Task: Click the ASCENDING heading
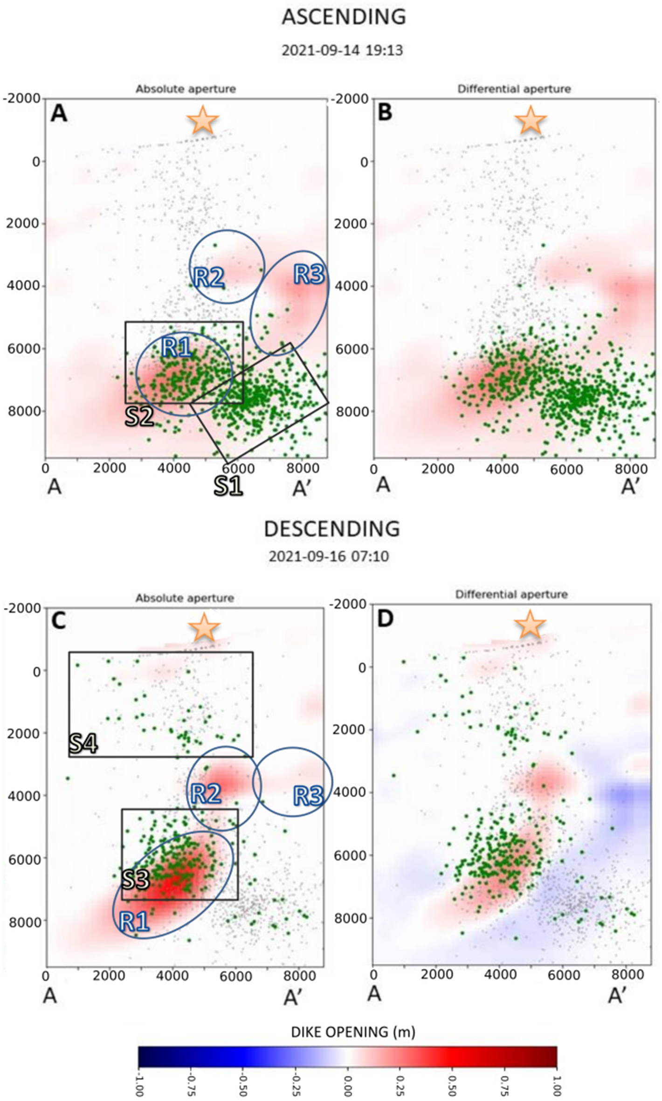pyautogui.click(x=344, y=17)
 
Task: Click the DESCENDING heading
pyautogui.click(x=332, y=529)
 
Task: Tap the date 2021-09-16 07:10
pyautogui.click(x=329, y=556)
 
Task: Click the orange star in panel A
pyautogui.click(x=203, y=120)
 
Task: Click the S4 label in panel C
pyautogui.click(x=84, y=743)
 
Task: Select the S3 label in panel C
pyautogui.click(x=136, y=879)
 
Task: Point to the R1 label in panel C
pyautogui.click(x=134, y=921)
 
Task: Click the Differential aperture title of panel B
pyautogui.click(x=514, y=89)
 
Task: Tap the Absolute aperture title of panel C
pyautogui.click(x=185, y=598)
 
